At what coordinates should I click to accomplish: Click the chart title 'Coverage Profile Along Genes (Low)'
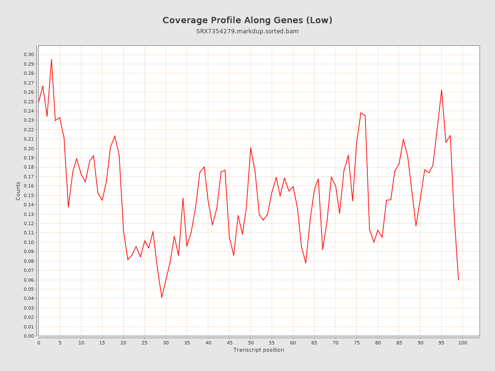(247, 20)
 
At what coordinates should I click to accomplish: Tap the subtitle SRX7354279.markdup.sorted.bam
(247, 31)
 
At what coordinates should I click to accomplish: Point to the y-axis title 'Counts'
(18, 191)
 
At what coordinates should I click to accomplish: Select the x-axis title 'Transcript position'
(259, 350)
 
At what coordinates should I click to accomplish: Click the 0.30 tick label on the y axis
(29, 55)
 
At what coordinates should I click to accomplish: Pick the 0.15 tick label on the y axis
(29, 195)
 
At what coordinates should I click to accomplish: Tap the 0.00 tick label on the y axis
(29, 336)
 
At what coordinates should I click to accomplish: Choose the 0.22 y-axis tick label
(29, 129)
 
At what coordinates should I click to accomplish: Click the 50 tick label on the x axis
(250, 342)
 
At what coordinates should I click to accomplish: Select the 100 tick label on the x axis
(463, 342)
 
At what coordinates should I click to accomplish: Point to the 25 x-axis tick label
(145, 342)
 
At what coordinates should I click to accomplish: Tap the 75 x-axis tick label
(357, 342)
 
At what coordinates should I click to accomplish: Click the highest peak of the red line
(51, 59)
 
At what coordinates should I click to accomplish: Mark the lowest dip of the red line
(161, 297)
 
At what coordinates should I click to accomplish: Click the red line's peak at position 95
(441, 90)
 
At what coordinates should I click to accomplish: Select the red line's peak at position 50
(250, 148)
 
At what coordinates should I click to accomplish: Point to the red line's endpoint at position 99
(458, 280)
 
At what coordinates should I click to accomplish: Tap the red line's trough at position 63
(306, 263)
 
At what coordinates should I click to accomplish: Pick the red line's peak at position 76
(361, 113)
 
